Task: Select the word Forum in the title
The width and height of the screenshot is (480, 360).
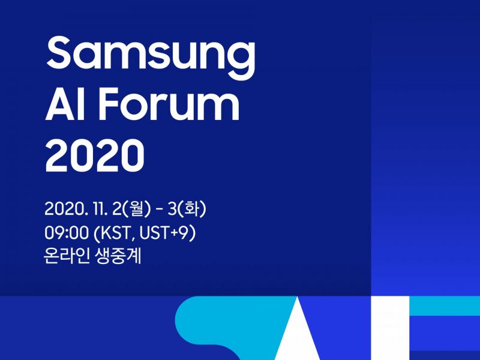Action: point(169,104)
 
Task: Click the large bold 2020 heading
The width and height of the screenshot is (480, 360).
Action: point(95,155)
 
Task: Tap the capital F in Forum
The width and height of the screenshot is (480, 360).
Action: point(109,104)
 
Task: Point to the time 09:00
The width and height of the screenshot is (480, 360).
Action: point(66,233)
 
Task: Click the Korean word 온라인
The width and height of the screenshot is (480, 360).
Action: point(67,256)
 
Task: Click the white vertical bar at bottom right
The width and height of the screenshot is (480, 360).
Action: point(391,328)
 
